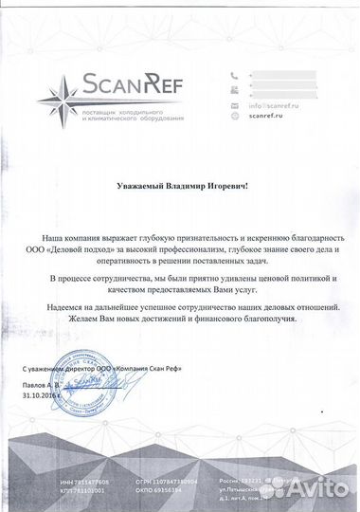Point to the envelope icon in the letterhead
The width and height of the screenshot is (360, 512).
pos(234,106)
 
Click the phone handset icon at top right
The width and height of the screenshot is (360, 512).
pos(234,76)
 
